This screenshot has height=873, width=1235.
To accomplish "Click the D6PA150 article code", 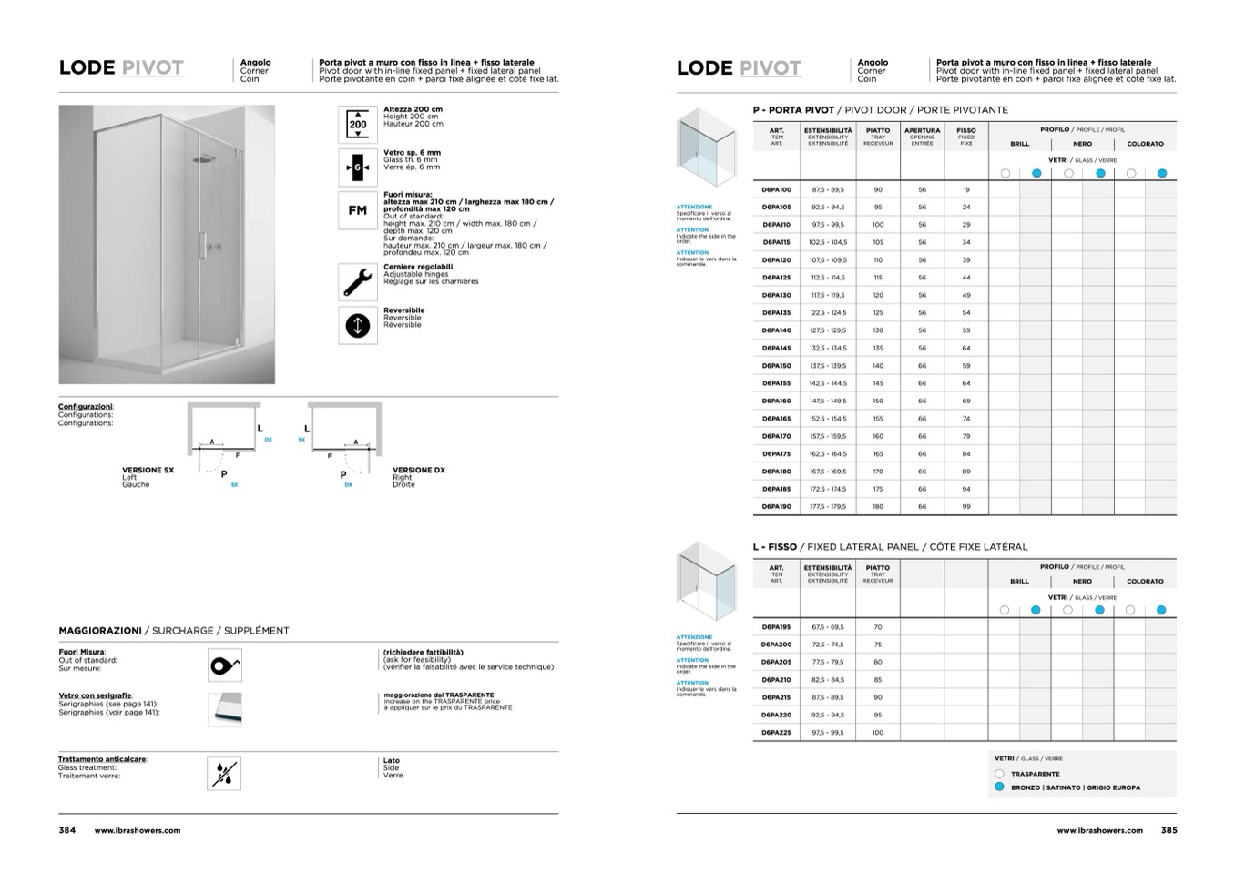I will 776,366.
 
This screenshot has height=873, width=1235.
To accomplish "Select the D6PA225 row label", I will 776,732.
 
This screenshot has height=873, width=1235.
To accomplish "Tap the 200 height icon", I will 358,124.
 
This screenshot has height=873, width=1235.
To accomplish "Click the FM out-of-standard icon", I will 358,210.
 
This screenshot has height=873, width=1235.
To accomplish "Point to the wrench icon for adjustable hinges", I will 358,282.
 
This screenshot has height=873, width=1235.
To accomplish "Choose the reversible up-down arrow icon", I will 358,325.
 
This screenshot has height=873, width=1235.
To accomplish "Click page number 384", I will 67,830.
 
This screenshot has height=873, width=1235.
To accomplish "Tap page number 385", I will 1169,830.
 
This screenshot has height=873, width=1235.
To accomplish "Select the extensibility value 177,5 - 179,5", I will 828,507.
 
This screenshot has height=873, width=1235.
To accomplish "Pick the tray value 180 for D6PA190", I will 878,507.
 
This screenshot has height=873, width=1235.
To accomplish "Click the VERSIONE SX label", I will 148,471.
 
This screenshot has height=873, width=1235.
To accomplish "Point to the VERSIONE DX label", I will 419,471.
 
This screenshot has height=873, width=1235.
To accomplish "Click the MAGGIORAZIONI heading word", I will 100,630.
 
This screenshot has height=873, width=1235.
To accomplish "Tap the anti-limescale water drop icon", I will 224,774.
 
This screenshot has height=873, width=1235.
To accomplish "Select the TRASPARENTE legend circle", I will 1000,774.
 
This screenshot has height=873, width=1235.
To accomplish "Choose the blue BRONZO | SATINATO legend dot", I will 1000,787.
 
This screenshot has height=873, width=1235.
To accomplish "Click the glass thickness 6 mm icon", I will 358,167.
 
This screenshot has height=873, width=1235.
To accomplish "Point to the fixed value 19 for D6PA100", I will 966,190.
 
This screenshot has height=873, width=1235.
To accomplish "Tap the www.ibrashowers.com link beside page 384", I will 138,830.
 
